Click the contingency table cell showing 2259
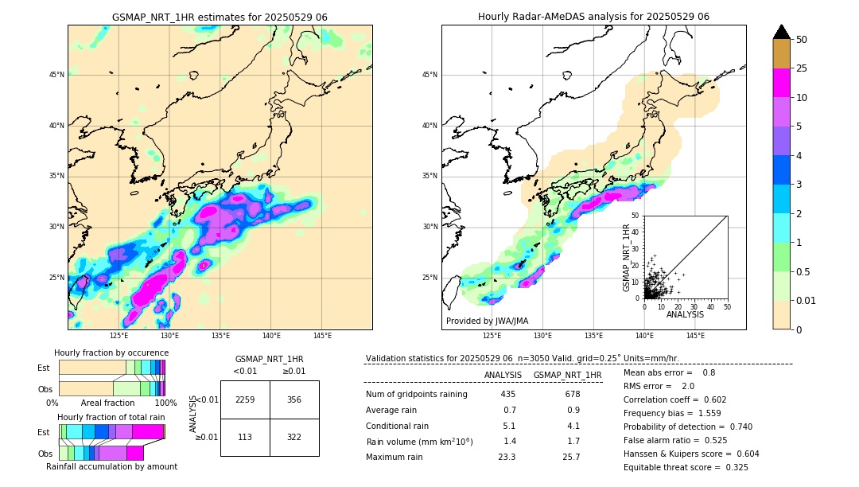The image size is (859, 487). tap(245, 399)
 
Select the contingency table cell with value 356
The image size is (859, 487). tap(294, 399)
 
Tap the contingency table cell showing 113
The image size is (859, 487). tap(245, 437)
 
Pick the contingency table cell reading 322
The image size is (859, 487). tap(294, 437)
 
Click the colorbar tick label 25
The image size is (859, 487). tap(802, 68)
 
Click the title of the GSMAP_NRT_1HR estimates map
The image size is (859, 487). tap(220, 17)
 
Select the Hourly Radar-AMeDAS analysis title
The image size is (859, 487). tap(593, 17)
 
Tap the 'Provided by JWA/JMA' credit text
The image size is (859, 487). tap(487, 321)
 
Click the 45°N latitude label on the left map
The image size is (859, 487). tap(56, 75)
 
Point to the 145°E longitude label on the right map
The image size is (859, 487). tap(695, 335)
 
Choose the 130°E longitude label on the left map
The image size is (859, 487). tap(169, 335)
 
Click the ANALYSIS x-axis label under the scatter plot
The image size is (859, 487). tap(685, 314)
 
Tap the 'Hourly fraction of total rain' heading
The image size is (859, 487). tap(111, 417)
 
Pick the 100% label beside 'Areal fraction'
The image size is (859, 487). tap(165, 403)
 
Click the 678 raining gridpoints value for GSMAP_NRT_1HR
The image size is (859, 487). tap(572, 394)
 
